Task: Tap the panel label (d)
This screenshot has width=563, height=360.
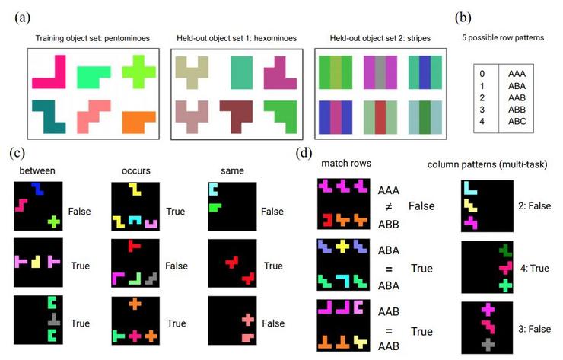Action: (x=304, y=151)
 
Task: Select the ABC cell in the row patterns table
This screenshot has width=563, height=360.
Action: (x=519, y=121)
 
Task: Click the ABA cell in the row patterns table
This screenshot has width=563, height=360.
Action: (x=519, y=86)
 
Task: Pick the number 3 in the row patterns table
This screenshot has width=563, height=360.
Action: (x=482, y=110)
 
